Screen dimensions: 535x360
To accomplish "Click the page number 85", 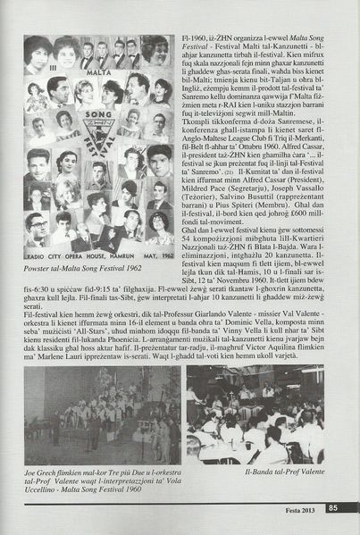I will pyautogui.click(x=332, y=509).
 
